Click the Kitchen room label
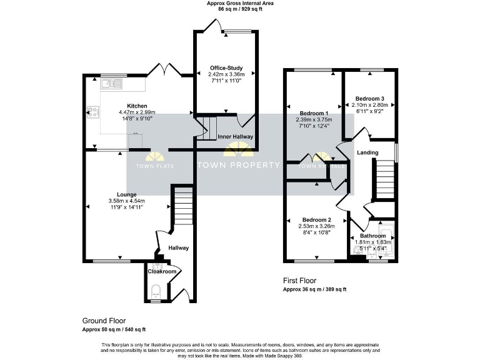137,106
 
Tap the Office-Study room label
225,68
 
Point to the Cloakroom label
161,271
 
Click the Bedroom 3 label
370,99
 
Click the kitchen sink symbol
113,82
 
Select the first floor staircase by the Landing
384,179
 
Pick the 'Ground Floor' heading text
104,321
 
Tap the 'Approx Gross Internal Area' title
240,3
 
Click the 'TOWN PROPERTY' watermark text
238,165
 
